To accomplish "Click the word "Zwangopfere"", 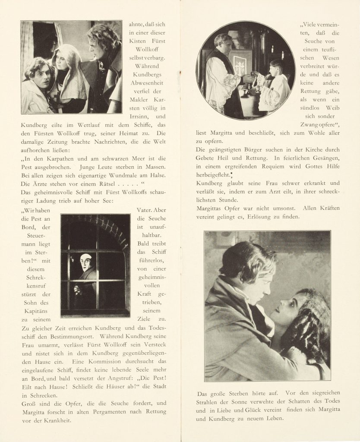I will (317, 125).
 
